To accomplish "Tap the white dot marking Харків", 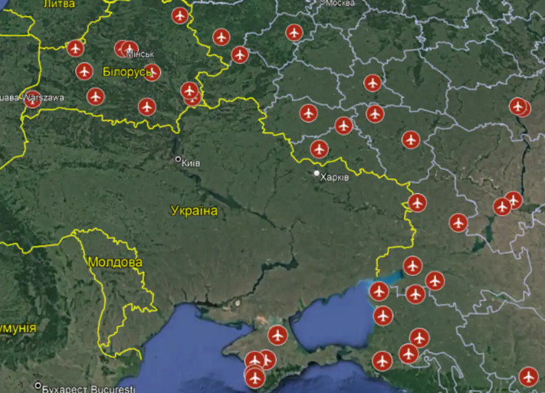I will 317,174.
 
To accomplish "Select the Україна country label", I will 194,211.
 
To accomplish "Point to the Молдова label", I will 116,262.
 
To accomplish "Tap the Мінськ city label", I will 140,54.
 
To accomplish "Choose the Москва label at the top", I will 340,3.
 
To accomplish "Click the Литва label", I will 60,4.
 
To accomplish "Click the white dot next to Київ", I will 179,160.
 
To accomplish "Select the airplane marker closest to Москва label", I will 294,33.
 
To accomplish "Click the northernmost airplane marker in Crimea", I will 277,335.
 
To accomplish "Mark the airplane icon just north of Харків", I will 319,149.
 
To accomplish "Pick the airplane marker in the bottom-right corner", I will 527,377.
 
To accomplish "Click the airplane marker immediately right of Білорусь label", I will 152,73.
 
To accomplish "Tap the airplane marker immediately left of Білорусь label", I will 84,71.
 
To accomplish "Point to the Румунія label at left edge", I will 17,328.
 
